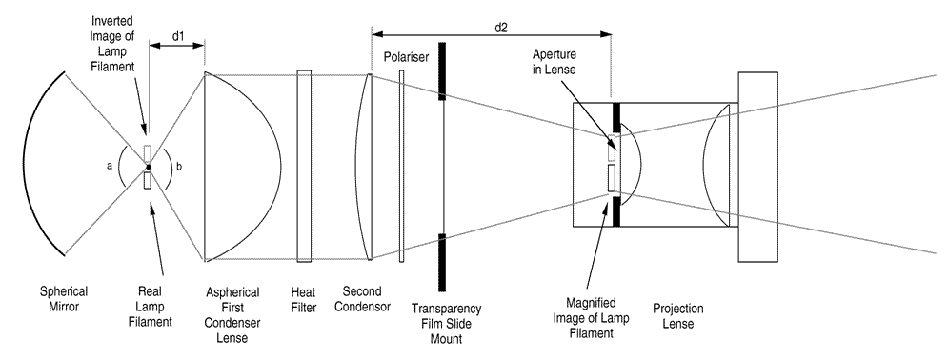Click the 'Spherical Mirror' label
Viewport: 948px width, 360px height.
[x=64, y=298]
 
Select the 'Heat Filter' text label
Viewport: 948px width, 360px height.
[x=303, y=300]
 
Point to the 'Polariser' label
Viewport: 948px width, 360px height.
[x=406, y=57]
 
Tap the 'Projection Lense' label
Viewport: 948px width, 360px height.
[x=677, y=316]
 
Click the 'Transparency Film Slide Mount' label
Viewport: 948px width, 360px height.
[x=446, y=323]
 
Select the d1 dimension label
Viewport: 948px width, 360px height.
[x=177, y=35]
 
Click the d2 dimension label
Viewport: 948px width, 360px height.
[x=500, y=27]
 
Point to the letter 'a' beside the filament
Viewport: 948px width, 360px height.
[x=110, y=168]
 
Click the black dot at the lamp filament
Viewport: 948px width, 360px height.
[x=148, y=167]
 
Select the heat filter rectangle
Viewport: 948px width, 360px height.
[x=304, y=166]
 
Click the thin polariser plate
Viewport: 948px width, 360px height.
[x=401, y=166]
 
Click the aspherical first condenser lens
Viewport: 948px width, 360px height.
[x=242, y=166]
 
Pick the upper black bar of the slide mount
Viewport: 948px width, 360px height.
[x=443, y=71]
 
